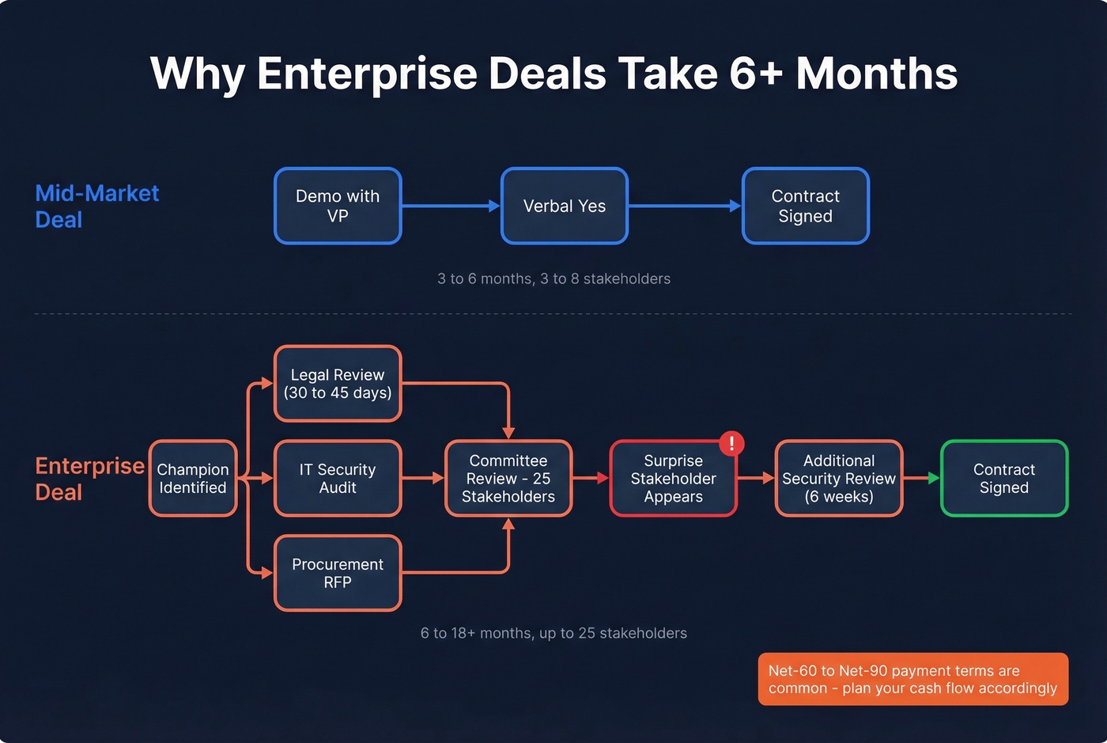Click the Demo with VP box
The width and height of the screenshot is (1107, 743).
pos(338,206)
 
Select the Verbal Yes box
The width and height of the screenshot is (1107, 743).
pos(565,206)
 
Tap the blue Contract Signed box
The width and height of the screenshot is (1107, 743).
pos(805,206)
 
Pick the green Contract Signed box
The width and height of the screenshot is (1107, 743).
pos(1003,478)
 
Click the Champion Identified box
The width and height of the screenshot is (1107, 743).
pos(193,478)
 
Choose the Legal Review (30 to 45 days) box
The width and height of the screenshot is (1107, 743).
pos(338,384)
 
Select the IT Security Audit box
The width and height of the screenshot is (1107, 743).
pos(338,478)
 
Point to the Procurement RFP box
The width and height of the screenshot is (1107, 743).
pos(338,573)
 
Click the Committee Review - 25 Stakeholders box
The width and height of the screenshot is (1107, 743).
pos(508,478)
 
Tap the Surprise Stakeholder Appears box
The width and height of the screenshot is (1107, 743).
pos(673,478)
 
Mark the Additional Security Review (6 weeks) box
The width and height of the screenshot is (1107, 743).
pos(839,478)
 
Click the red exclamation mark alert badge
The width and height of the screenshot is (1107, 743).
pos(731,443)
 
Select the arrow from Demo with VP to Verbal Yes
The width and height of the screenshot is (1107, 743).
pos(451,206)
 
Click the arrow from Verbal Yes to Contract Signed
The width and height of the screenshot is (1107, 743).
pos(685,206)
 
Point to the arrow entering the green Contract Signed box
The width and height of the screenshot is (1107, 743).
pos(921,478)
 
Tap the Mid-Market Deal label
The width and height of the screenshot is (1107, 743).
pos(96,206)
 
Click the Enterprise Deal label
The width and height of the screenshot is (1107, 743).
pos(89,478)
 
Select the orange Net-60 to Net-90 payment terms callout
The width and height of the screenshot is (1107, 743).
pos(912,679)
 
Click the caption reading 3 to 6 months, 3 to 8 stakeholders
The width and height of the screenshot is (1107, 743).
pos(553,279)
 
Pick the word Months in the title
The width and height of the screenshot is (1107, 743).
pos(876,74)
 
